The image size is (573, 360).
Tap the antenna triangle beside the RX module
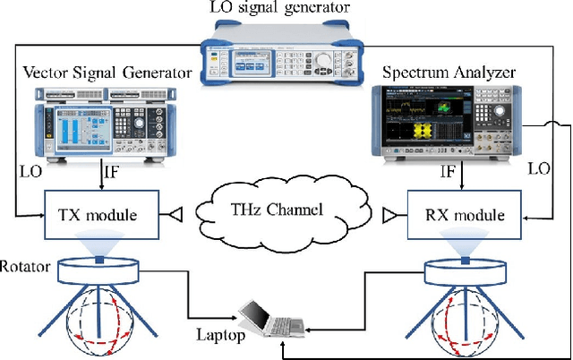(389, 215)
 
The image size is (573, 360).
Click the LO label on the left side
(29, 168)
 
